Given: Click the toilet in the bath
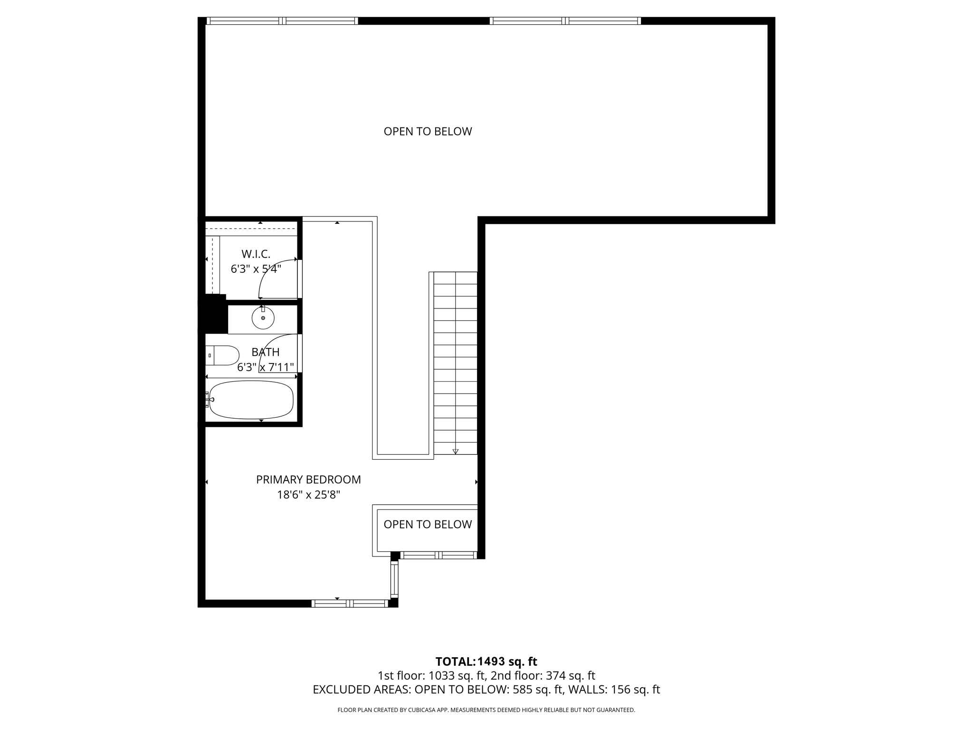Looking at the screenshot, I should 223,355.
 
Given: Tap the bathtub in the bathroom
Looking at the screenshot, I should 251,400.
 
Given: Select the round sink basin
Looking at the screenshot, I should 263,318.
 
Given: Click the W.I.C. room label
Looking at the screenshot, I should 256,254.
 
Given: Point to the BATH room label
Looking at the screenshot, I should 265,352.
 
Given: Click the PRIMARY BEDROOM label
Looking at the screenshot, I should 308,480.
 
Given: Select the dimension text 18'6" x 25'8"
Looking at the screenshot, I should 308,495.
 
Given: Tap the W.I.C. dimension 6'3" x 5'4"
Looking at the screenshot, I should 256,269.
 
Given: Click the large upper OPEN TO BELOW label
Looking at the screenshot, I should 428,131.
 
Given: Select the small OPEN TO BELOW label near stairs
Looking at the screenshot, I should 428,524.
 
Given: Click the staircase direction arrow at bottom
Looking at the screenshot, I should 455,451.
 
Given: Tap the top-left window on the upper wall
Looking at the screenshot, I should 282,21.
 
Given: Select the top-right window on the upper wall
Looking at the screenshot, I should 565,21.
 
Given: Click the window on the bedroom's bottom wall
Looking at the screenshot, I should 350,604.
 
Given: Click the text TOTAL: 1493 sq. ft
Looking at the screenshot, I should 486,662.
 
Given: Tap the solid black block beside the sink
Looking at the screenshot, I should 215,314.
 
